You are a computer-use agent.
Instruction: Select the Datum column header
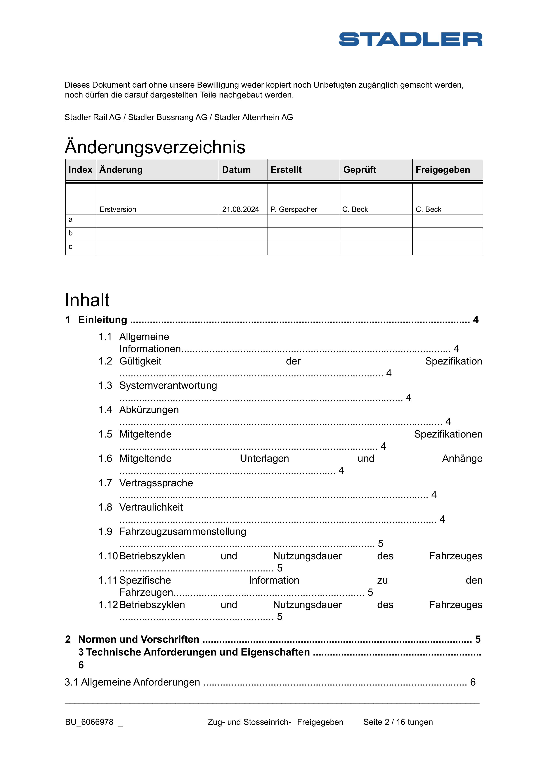coord(236,170)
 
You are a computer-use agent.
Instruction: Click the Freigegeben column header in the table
coord(442,170)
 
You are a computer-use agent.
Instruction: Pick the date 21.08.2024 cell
coord(240,209)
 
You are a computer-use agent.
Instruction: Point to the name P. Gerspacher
coord(294,209)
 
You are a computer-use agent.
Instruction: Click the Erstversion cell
coord(118,209)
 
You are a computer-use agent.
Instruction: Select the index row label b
coord(70,233)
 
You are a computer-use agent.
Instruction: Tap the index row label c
coord(70,247)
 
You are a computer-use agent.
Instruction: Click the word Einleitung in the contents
coord(102,319)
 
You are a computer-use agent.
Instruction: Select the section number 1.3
coord(105,385)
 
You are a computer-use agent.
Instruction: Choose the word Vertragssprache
coord(156,483)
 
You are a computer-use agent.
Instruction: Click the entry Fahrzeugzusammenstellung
coord(182,531)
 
